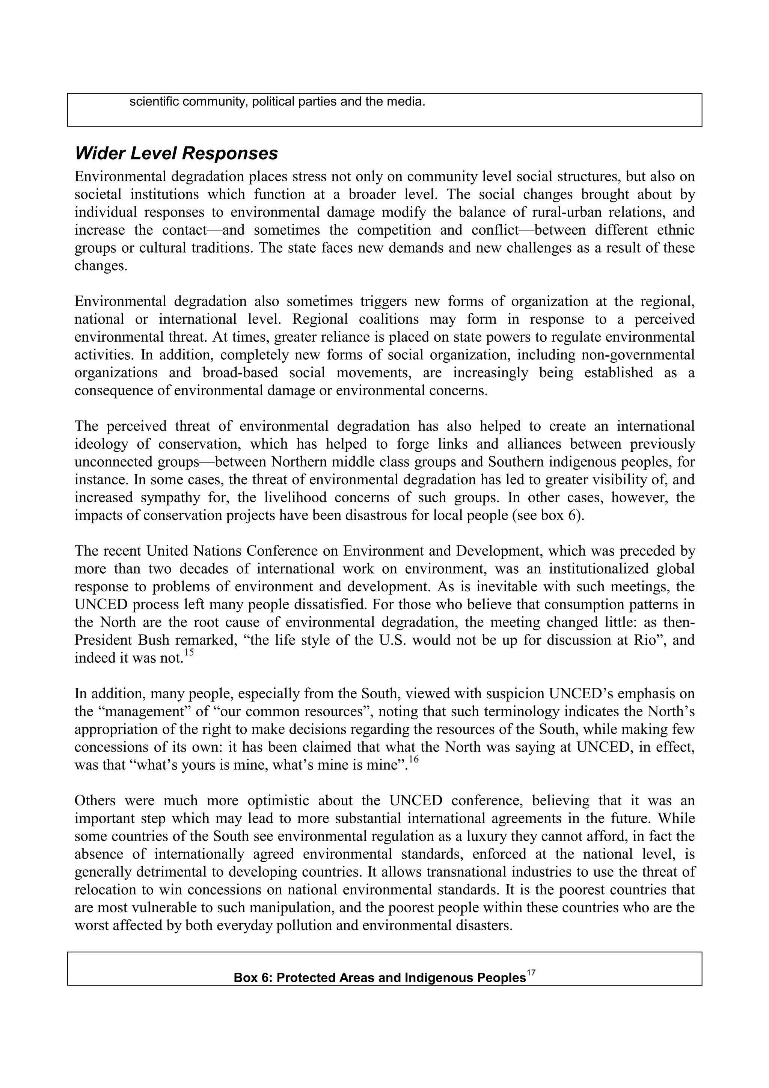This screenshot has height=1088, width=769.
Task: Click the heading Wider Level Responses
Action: [x=176, y=154]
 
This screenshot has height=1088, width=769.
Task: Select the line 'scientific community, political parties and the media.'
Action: [x=277, y=102]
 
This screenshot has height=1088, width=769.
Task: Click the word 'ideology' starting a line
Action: [x=101, y=445]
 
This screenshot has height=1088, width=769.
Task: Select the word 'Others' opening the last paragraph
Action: [x=95, y=801]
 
